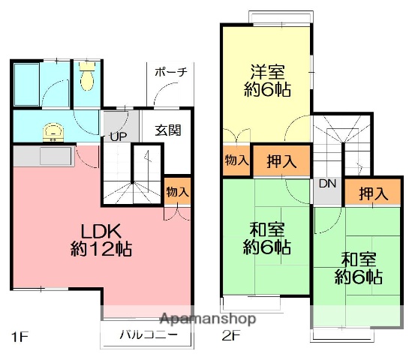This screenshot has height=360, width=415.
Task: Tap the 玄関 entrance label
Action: coord(167,129)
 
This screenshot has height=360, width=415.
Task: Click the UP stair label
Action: coord(118,136)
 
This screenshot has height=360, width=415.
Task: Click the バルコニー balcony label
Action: coord(147,335)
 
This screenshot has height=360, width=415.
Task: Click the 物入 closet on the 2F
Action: coord(235,160)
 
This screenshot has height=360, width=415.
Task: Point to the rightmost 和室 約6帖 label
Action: coord(359,267)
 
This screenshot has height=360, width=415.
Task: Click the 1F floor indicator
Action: coord(20,335)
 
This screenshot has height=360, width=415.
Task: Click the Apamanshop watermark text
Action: coord(207,319)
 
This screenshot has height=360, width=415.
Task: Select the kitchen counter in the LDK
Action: coord(45,156)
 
